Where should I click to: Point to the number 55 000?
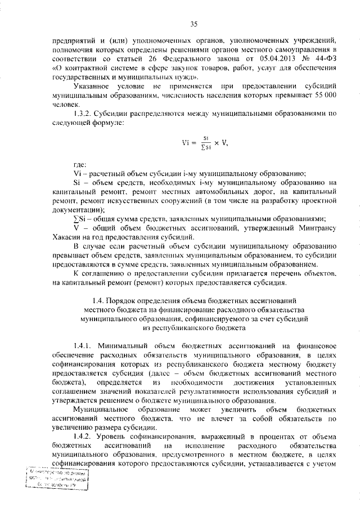325,96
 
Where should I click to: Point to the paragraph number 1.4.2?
84,436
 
